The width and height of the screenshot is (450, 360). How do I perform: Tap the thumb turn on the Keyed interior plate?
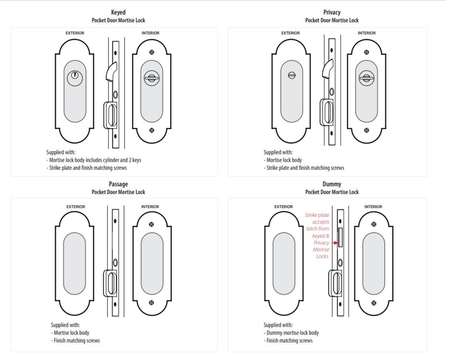coord(151,77)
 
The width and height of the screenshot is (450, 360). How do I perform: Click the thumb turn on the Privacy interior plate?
coord(366,77)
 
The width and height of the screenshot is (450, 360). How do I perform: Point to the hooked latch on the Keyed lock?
coord(111,70)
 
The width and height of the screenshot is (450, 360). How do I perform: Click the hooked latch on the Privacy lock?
coord(327,68)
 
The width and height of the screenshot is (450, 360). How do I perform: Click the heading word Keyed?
coord(118,12)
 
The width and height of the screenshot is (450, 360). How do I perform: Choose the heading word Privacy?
coord(332,12)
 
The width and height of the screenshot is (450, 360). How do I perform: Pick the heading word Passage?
coord(118,184)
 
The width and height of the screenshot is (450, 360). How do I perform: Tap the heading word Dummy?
coord(332,184)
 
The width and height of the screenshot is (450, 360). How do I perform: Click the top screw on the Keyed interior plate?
coord(151,52)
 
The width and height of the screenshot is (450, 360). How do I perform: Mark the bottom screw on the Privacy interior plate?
coord(366,130)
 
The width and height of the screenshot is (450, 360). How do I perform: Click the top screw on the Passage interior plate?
coord(151,224)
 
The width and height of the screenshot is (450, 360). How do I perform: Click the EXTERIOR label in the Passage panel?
coord(75,207)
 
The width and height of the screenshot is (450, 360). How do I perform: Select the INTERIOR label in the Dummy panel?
coord(373,207)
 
